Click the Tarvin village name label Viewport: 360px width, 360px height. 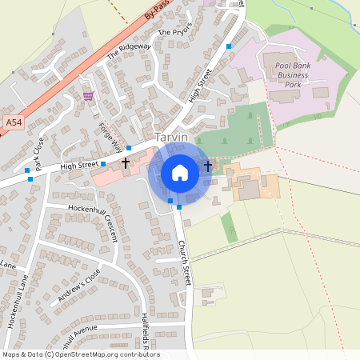(172, 138)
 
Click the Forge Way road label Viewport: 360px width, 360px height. (110, 136)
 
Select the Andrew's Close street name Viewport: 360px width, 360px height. (79, 286)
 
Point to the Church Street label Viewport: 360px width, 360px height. (185, 264)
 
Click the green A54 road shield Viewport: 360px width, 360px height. (13, 122)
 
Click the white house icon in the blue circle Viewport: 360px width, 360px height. (180, 173)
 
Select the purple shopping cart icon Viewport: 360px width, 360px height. (87, 96)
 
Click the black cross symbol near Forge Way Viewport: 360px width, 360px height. (125, 162)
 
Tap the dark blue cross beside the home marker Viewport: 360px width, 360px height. (208, 166)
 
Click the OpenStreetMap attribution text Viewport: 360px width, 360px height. (80, 354)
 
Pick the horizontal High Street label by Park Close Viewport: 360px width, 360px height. (78, 166)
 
